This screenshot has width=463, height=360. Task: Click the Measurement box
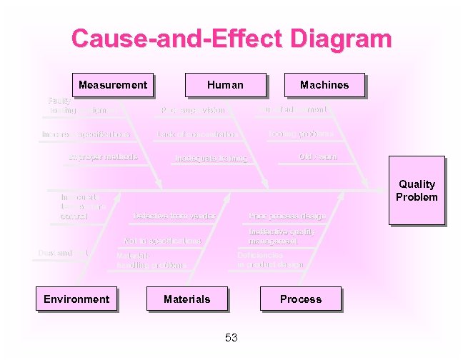pyautogui.click(x=112, y=85)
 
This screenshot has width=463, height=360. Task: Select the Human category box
pyautogui.click(x=225, y=85)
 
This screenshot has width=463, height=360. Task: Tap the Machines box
pyautogui.click(x=324, y=85)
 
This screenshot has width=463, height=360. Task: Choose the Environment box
pyautogui.click(x=76, y=299)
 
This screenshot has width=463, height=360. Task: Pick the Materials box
pyautogui.click(x=186, y=299)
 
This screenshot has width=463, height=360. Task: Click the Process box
pyautogui.click(x=301, y=299)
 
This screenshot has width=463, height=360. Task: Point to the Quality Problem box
pyautogui.click(x=417, y=191)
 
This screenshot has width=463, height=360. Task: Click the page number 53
pyautogui.click(x=231, y=338)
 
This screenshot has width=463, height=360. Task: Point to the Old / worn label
pyautogui.click(x=318, y=156)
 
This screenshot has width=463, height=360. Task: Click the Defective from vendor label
pyautogui.click(x=174, y=216)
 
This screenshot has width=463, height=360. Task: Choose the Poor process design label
pyautogui.click(x=287, y=216)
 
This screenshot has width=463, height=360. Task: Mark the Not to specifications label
pyautogui.click(x=163, y=241)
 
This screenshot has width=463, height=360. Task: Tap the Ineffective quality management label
pyautogui.click(x=281, y=236)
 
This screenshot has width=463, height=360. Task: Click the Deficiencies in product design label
pyautogui.click(x=270, y=259)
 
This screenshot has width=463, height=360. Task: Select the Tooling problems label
pyautogui.click(x=301, y=134)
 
